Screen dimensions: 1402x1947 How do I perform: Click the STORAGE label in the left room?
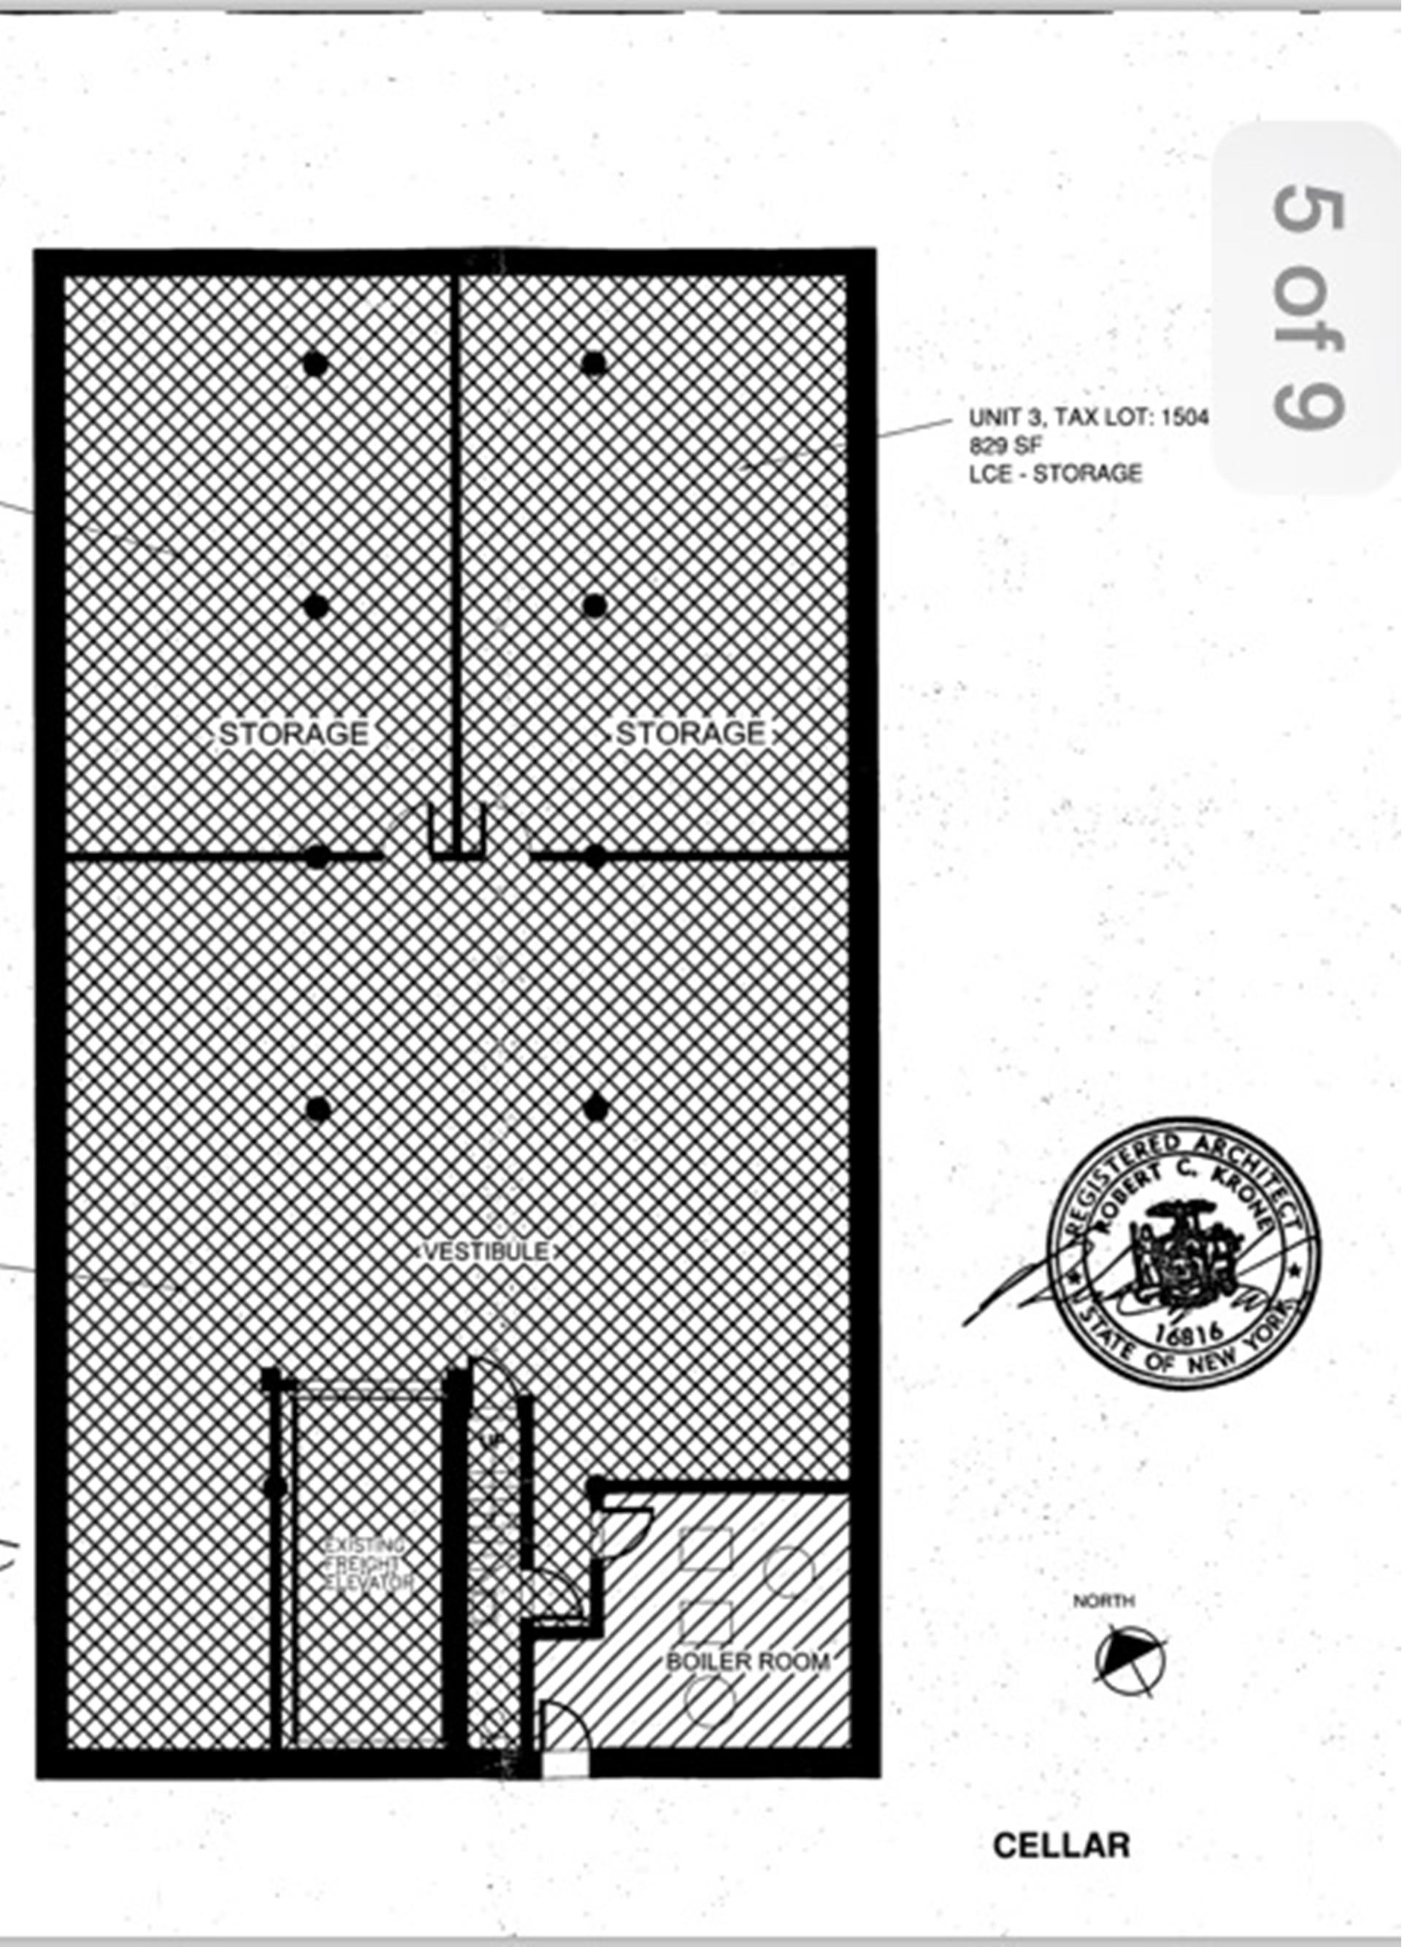(294, 734)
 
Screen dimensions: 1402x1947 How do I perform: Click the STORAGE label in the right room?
(691, 734)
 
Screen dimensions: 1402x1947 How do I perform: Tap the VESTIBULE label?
(486, 1251)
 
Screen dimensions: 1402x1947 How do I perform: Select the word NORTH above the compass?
(1103, 1601)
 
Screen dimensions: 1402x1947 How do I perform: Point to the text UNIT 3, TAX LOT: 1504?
(1089, 418)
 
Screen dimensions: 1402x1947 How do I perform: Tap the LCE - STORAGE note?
(1055, 473)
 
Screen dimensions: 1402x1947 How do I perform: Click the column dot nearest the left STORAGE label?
(316, 607)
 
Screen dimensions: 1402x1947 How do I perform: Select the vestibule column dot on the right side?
(596, 1108)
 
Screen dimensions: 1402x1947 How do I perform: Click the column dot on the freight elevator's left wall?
(275, 1487)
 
